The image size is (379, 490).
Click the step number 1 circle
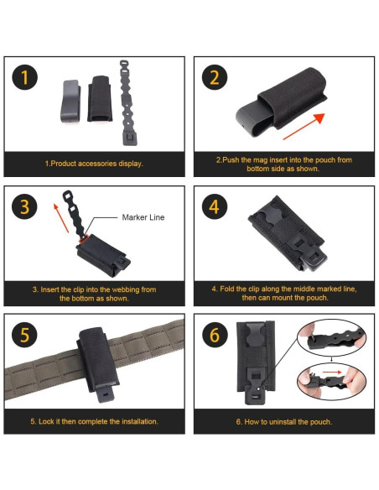coord(24,77)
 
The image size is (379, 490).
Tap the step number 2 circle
coord(215,77)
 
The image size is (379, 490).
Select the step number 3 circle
coord(24,206)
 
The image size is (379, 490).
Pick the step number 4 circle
coord(215,206)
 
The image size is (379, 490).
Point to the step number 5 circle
coord(24,335)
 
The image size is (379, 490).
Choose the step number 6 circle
coord(215,335)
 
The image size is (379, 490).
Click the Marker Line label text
coord(143,217)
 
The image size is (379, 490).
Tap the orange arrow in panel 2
coord(304,127)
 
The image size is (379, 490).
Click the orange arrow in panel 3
coord(61,218)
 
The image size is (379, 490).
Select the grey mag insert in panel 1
coord(70,101)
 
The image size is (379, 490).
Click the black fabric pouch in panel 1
coord(100,98)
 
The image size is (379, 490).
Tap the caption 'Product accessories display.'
coord(96,164)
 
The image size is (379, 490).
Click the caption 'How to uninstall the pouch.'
coord(288,422)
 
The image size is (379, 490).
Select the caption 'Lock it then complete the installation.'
coord(98,421)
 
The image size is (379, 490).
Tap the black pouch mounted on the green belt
coord(98,362)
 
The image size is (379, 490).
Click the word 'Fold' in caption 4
coord(226,289)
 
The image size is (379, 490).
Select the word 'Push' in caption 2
coord(231,160)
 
